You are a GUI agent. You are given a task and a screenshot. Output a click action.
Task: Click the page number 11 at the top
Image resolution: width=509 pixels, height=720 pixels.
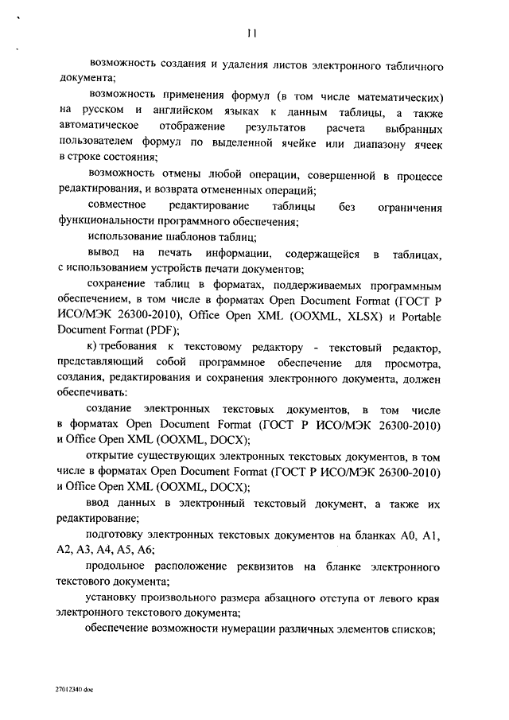251,33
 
